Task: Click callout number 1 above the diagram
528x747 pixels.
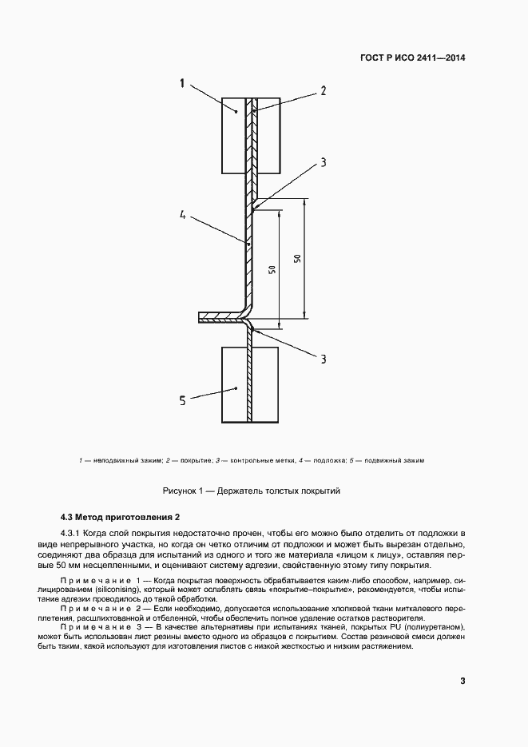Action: pyautogui.click(x=183, y=83)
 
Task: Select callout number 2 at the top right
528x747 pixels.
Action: pyautogui.click(x=324, y=90)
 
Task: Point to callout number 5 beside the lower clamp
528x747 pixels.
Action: pyautogui.click(x=182, y=401)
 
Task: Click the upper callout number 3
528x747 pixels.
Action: pyautogui.click(x=324, y=163)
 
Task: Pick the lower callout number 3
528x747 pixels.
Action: pyautogui.click(x=324, y=360)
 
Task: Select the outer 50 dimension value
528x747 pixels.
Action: pyautogui.click(x=296, y=259)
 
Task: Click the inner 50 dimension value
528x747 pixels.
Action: pyautogui.click(x=272, y=269)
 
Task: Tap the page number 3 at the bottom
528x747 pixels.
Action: pyautogui.click(x=462, y=681)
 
